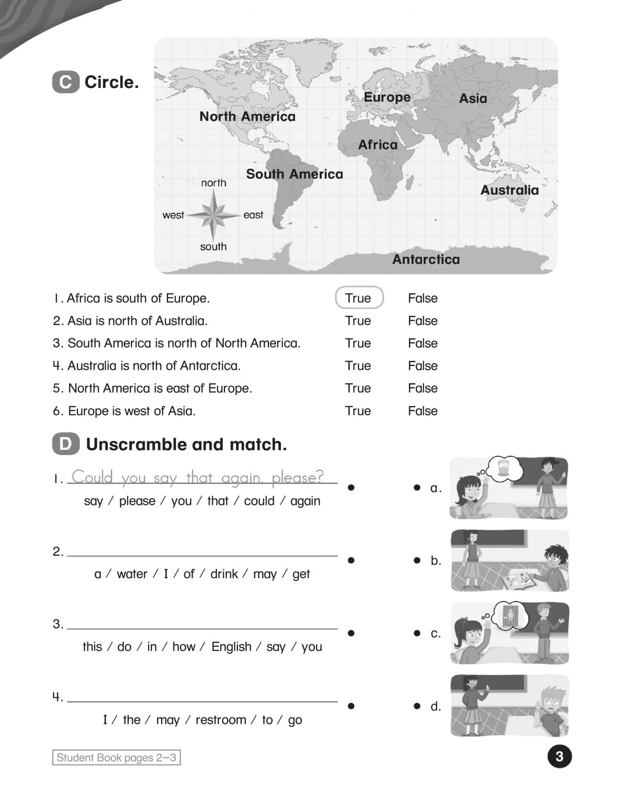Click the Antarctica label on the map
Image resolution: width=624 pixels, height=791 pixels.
pos(426,259)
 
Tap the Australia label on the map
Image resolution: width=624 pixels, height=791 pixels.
pos(509,190)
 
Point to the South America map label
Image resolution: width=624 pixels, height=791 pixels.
pos(294,174)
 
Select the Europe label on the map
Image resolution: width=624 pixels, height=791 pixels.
pos(387,97)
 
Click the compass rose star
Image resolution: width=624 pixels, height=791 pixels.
pos(213,215)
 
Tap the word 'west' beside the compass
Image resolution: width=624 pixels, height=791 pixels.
pos(173,215)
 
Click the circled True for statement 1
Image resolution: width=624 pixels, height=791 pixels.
pos(359,298)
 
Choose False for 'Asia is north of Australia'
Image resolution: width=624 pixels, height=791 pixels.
pos(422,320)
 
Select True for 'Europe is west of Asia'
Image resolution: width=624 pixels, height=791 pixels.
pos(358,411)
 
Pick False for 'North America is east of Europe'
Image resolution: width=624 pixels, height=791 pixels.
pos(422,388)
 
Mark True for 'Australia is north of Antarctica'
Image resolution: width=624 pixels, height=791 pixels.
pos(358,365)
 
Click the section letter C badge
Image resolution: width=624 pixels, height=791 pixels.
pos(65,82)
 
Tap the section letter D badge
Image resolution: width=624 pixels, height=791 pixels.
pos(65,444)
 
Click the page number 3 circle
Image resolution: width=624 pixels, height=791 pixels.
pos(559,756)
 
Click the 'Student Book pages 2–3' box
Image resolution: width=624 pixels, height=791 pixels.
pos(116,758)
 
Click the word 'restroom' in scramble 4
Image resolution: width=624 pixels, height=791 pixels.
pos(220,720)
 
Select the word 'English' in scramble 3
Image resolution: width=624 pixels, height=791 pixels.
pos(231,647)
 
